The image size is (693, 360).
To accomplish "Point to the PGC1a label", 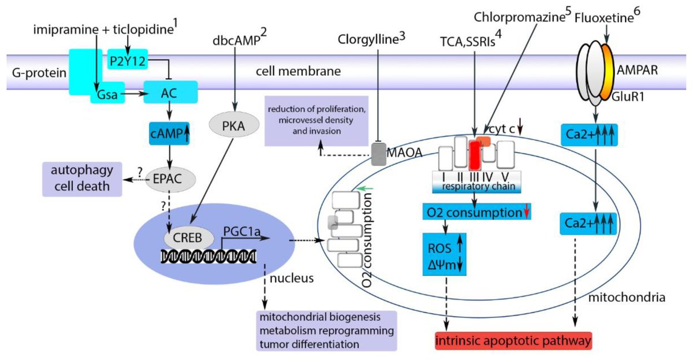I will pyautogui.click(x=241, y=232).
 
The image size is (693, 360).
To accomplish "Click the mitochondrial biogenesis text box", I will pyautogui.click(x=327, y=331).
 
